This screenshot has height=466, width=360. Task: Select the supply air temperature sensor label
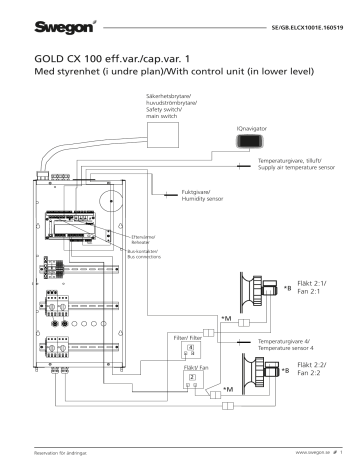tap(290, 164)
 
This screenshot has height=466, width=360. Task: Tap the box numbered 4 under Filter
tap(192, 346)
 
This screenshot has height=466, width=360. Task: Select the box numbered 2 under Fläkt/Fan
tap(193, 379)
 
